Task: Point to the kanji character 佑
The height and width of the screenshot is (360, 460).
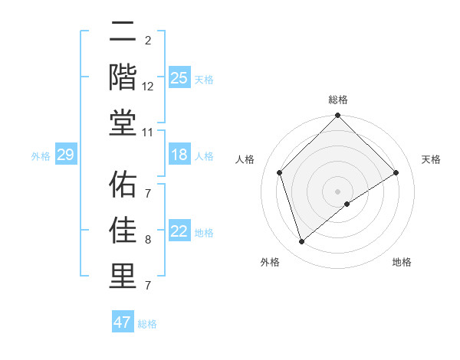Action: click(x=122, y=185)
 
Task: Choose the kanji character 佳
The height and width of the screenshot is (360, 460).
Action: click(x=122, y=230)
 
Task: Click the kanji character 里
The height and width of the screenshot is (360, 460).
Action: click(x=122, y=275)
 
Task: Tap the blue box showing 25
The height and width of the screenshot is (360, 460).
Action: click(x=179, y=78)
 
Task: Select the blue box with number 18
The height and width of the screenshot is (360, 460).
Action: click(x=179, y=155)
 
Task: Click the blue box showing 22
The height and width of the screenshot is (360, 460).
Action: click(x=179, y=232)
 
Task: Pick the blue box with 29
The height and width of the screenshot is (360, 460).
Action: click(x=65, y=155)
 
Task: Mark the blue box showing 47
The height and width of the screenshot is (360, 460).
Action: click(x=122, y=322)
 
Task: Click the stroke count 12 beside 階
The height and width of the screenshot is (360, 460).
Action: click(x=148, y=87)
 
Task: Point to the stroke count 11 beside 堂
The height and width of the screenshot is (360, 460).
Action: click(x=148, y=133)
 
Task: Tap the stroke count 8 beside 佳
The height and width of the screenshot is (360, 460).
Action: click(x=148, y=240)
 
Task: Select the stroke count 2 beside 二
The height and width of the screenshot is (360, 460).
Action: click(x=148, y=40)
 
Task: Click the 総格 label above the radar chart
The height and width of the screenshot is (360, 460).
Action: click(x=338, y=100)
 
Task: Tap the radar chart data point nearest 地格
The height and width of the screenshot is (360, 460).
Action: click(x=347, y=204)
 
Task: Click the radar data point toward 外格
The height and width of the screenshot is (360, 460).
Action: click(x=302, y=242)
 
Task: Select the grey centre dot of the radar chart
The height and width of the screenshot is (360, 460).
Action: click(x=337, y=191)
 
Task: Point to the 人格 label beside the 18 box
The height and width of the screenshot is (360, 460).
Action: click(x=204, y=156)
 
